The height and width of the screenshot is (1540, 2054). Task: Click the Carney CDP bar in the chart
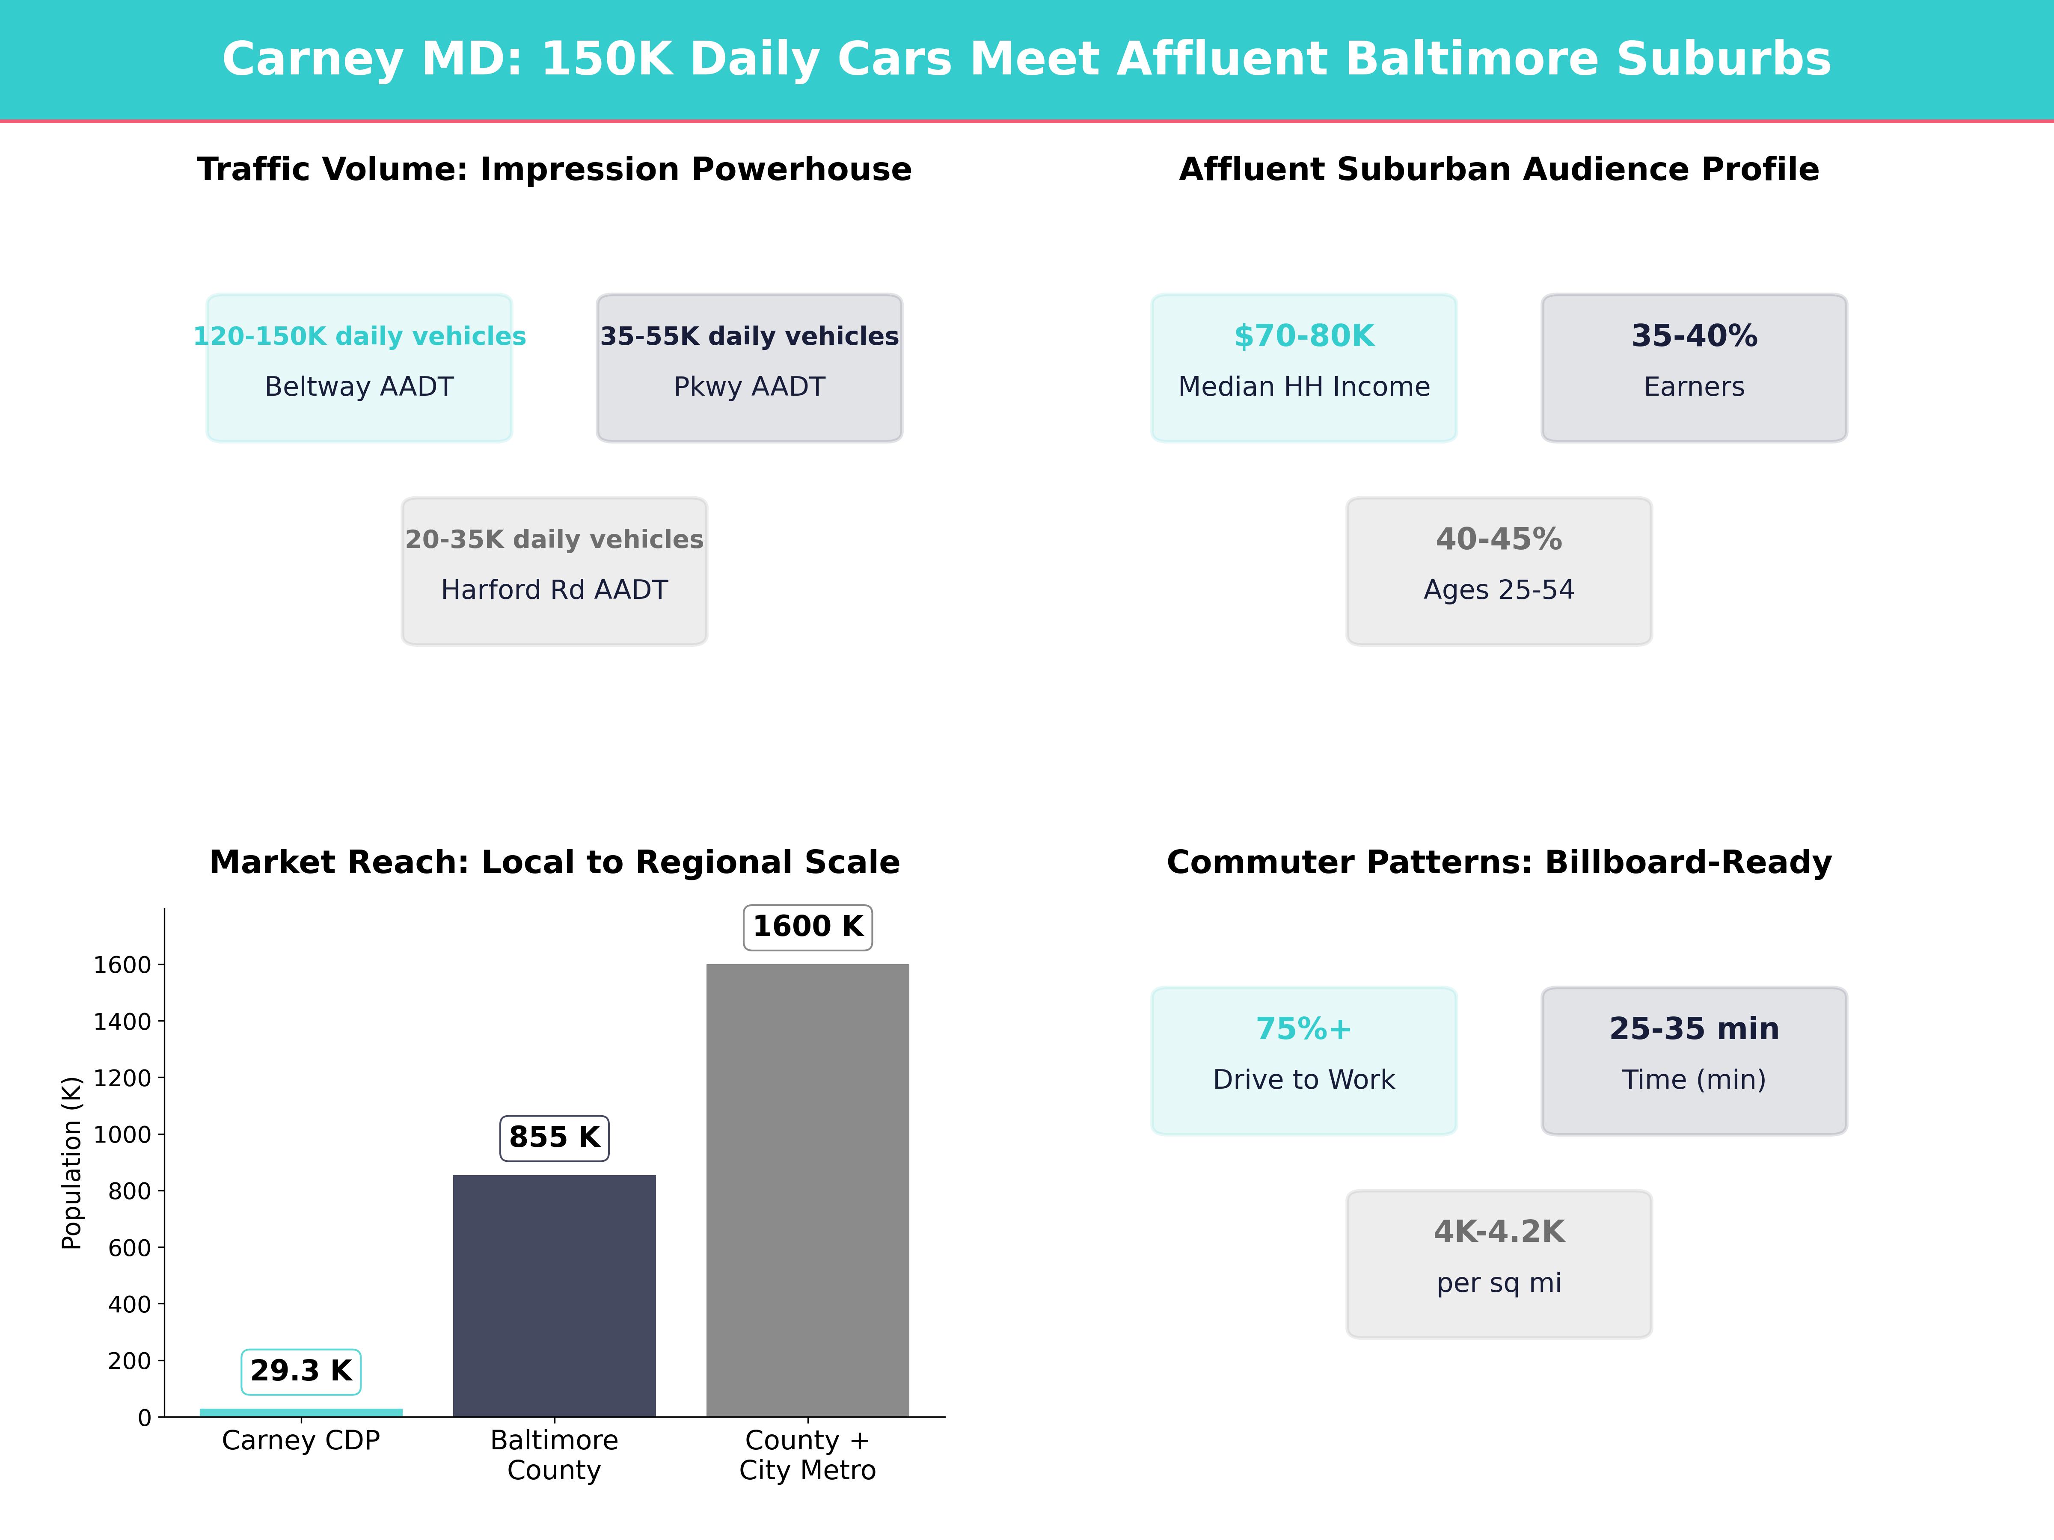301,1412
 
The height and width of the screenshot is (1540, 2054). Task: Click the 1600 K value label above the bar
808,927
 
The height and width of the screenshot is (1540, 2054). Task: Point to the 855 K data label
554,1137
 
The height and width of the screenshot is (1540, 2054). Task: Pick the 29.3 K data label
301,1371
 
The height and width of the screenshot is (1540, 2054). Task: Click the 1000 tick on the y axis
122,1134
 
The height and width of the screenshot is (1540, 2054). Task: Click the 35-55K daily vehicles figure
749,336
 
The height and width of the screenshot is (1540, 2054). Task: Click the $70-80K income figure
1304,336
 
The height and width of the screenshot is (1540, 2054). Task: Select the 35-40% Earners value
1694,336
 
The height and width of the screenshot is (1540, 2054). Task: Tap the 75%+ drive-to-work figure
1304,1028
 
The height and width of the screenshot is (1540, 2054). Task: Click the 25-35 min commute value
1694,1028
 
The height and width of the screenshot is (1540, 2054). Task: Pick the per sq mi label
1499,1283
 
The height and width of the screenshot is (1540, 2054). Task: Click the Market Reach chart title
554,862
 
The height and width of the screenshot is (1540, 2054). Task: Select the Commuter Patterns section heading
1499,862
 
